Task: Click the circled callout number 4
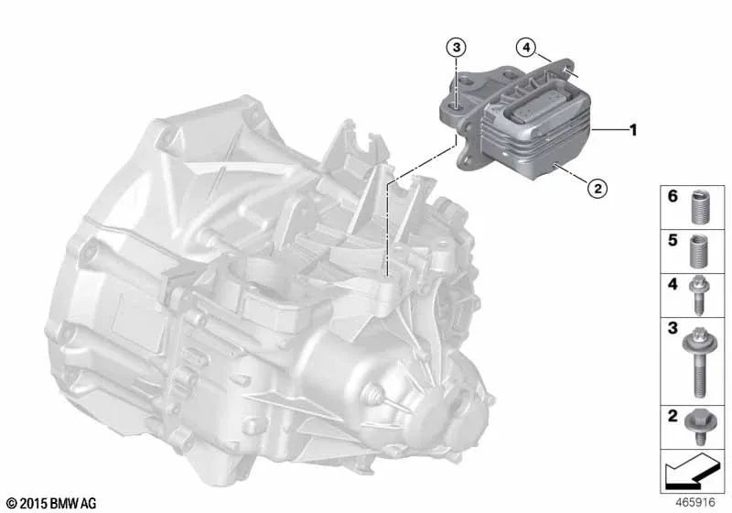tap(524, 46)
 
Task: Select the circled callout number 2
tap(596, 189)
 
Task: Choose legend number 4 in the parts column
tap(671, 285)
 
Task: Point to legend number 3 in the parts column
tap(671, 327)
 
